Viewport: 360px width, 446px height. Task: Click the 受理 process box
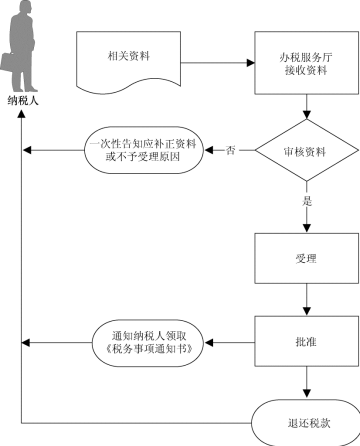[305, 257]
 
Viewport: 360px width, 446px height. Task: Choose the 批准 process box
[305, 342]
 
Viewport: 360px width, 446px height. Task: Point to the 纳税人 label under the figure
[31, 101]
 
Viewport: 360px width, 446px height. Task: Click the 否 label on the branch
[231, 151]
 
